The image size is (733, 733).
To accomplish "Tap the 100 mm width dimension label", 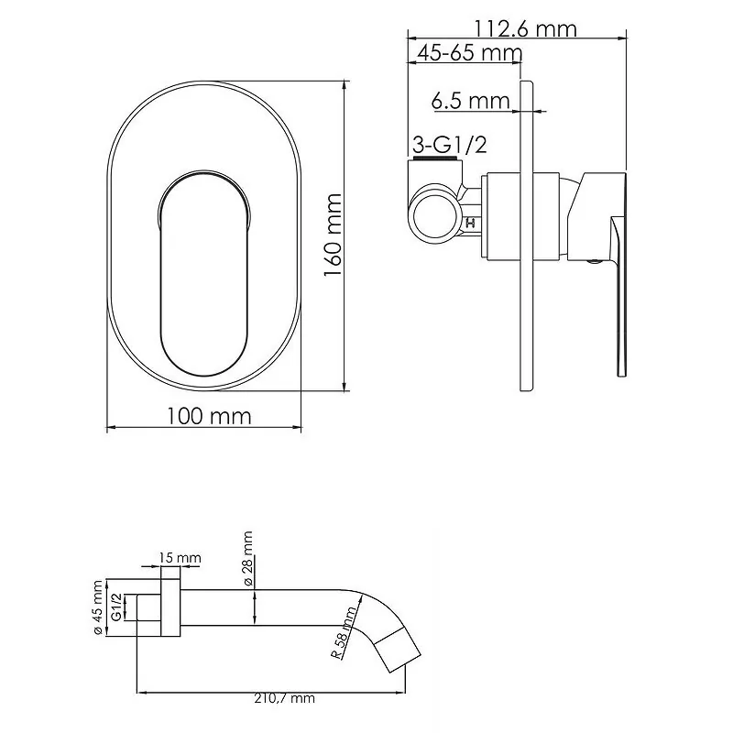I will coord(209,416).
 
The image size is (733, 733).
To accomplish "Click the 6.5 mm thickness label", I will coord(469,101).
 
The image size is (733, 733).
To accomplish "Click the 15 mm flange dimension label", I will coord(180,558).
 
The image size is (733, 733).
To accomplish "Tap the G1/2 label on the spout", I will coord(116,606).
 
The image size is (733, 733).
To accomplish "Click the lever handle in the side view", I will coord(620,293).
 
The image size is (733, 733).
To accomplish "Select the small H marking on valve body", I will coord(472,222).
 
